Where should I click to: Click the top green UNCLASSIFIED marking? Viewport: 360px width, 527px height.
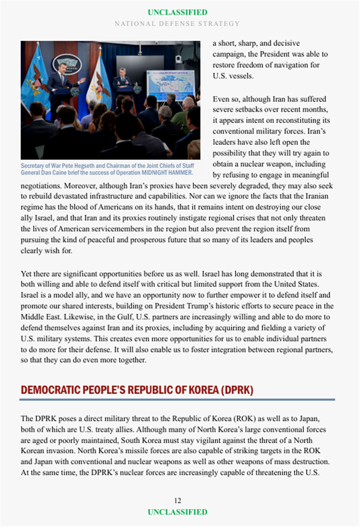[x=177, y=12]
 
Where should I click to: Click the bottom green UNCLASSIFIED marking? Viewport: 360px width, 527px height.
[x=177, y=512]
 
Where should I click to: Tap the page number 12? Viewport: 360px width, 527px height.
[x=177, y=501]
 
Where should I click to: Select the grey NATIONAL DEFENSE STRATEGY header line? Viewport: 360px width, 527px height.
[x=177, y=23]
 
